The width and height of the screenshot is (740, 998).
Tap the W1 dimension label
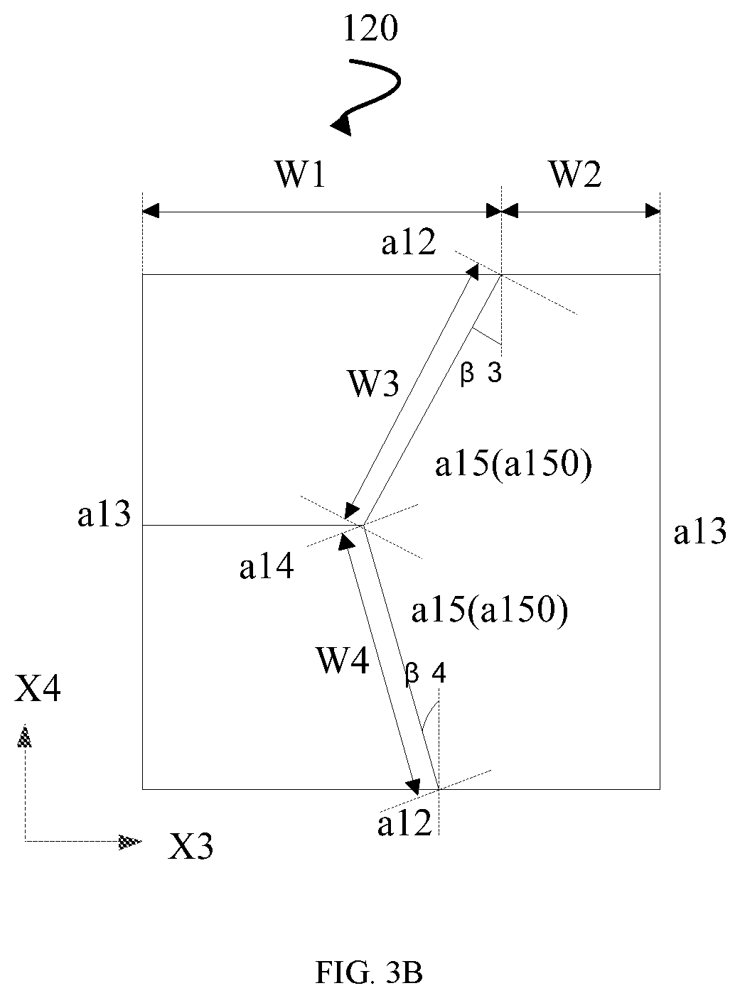click(301, 175)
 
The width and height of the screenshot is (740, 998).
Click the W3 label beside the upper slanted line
click(374, 384)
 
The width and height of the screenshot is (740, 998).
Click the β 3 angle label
click(481, 374)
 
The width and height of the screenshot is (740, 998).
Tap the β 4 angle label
click(425, 675)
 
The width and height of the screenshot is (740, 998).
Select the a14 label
click(267, 565)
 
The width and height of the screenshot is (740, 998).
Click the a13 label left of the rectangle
click(104, 514)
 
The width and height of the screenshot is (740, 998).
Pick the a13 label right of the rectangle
click(700, 531)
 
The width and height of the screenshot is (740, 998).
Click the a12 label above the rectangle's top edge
click(409, 242)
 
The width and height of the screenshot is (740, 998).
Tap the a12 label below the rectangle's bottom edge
click(405, 823)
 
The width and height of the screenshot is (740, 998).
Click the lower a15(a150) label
click(490, 611)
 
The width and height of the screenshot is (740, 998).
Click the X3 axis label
click(190, 846)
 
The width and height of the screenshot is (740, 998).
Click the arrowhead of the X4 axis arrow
click(25, 738)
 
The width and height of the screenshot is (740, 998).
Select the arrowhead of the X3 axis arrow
click(130, 842)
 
